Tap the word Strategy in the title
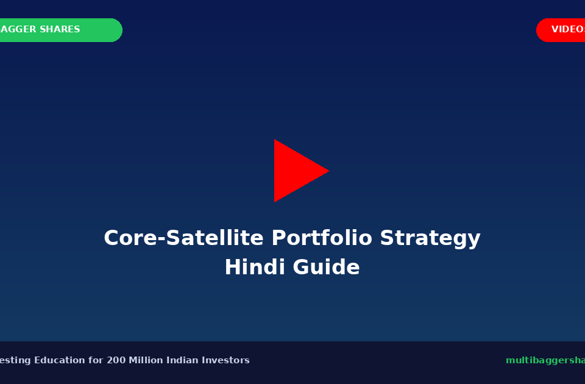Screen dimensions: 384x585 pos(430,238)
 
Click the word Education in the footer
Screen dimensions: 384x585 pos(60,360)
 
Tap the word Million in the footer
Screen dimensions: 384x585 pos(146,360)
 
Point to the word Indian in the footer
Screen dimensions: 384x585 pos(185,360)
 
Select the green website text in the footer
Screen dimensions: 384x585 pos(544,360)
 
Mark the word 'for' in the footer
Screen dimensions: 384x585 pos(96,360)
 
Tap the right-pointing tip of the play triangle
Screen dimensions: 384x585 pos(328,171)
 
